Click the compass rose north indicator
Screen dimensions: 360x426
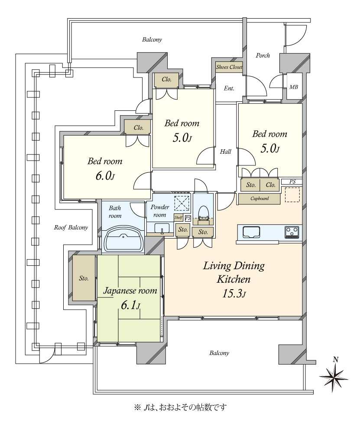(334, 376)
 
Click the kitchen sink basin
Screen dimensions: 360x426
(251, 232)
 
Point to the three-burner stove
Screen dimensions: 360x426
(293, 232)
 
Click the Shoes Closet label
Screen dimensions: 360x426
(229, 67)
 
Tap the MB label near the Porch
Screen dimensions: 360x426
(294, 87)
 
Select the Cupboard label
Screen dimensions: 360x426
(259, 199)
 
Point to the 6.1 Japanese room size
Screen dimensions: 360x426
(130, 306)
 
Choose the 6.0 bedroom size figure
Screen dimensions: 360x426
(105, 176)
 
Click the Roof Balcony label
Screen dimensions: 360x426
(71, 227)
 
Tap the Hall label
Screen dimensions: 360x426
(225, 152)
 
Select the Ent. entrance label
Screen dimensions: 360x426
(229, 88)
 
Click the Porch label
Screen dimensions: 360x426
(263, 55)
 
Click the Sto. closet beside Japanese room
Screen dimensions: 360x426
(84, 278)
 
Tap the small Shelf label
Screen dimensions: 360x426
(178, 217)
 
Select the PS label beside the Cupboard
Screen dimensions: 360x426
(292, 182)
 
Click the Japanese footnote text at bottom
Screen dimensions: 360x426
(180, 407)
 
